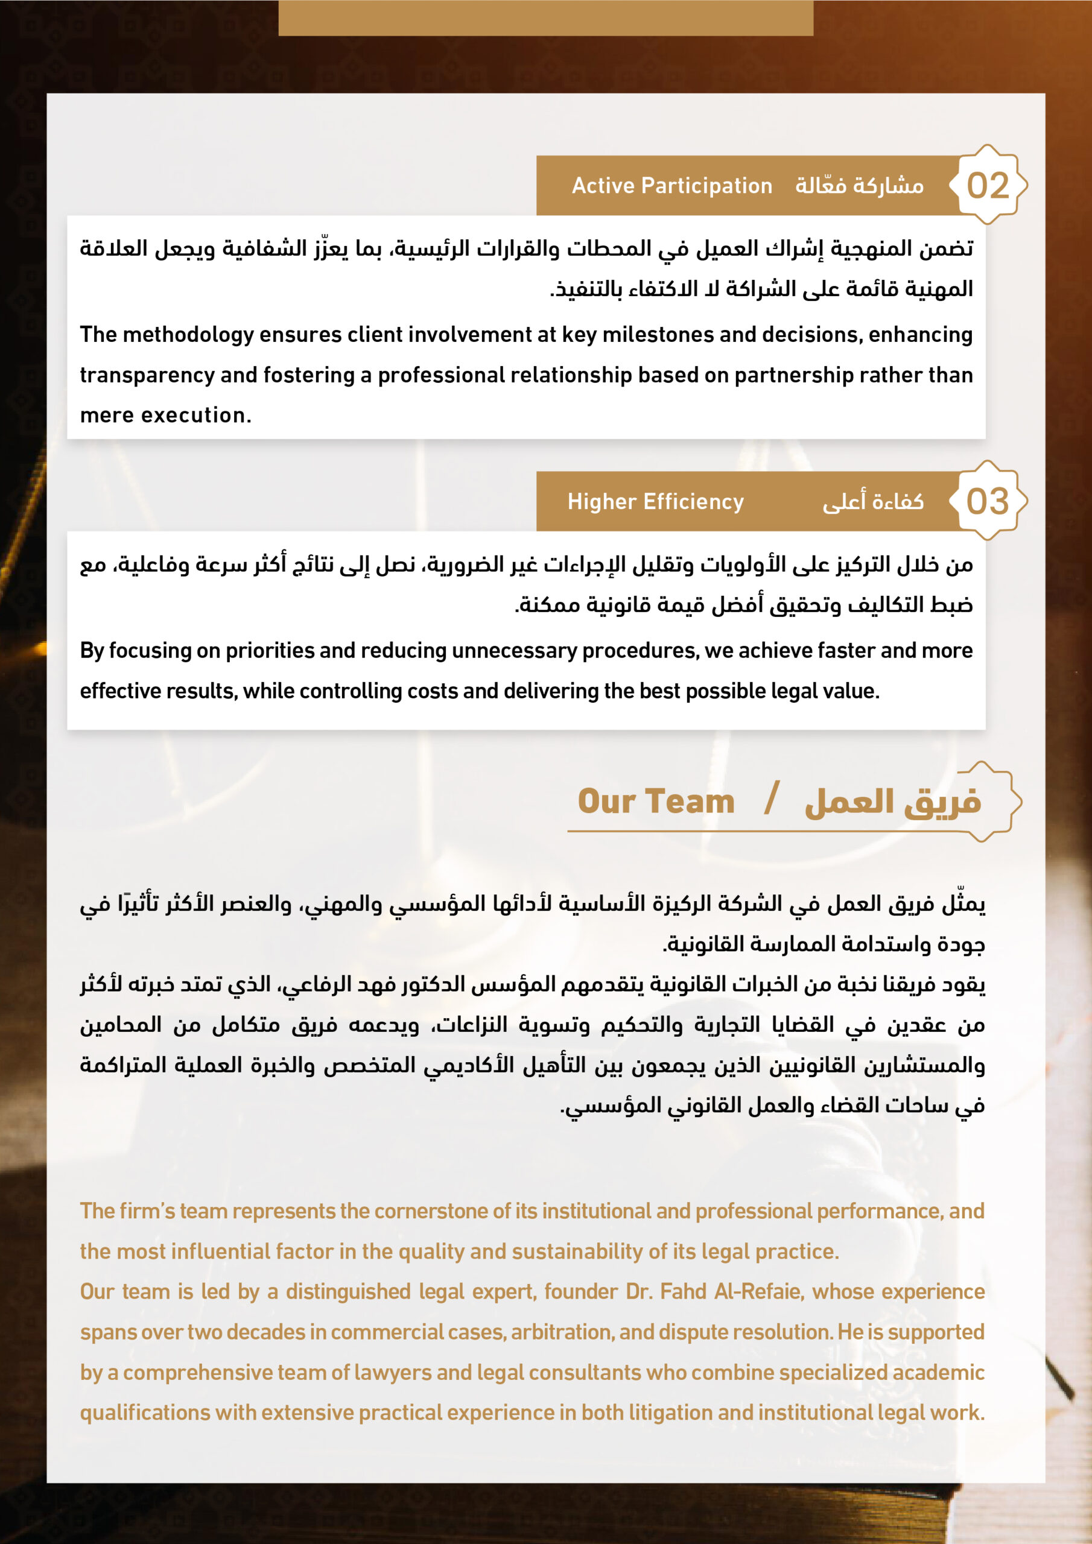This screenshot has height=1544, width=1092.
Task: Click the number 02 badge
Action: (x=987, y=185)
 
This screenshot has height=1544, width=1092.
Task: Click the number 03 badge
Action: (x=987, y=501)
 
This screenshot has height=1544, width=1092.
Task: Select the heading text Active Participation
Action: (x=671, y=186)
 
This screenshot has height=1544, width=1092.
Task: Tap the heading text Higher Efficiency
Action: (x=655, y=502)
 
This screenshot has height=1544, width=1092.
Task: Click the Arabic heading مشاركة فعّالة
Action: (x=859, y=186)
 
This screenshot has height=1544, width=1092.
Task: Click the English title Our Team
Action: (x=655, y=802)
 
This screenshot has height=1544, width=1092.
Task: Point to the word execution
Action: (x=196, y=416)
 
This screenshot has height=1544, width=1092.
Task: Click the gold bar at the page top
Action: (x=545, y=17)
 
